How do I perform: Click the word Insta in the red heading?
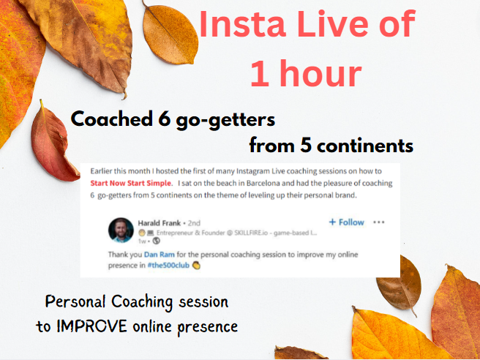click(x=243, y=23)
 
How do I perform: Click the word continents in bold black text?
click(x=365, y=146)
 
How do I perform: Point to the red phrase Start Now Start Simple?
click(x=130, y=184)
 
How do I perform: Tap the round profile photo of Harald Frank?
click(x=121, y=230)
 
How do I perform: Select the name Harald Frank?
click(x=160, y=223)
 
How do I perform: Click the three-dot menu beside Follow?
click(x=379, y=222)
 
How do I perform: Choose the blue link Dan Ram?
click(x=160, y=255)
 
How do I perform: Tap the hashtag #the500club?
click(x=169, y=265)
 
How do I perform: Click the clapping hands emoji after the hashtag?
click(x=196, y=266)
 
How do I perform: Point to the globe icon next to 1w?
click(x=157, y=241)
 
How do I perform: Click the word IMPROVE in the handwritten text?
click(x=92, y=326)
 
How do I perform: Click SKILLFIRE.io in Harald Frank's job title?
click(x=251, y=233)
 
